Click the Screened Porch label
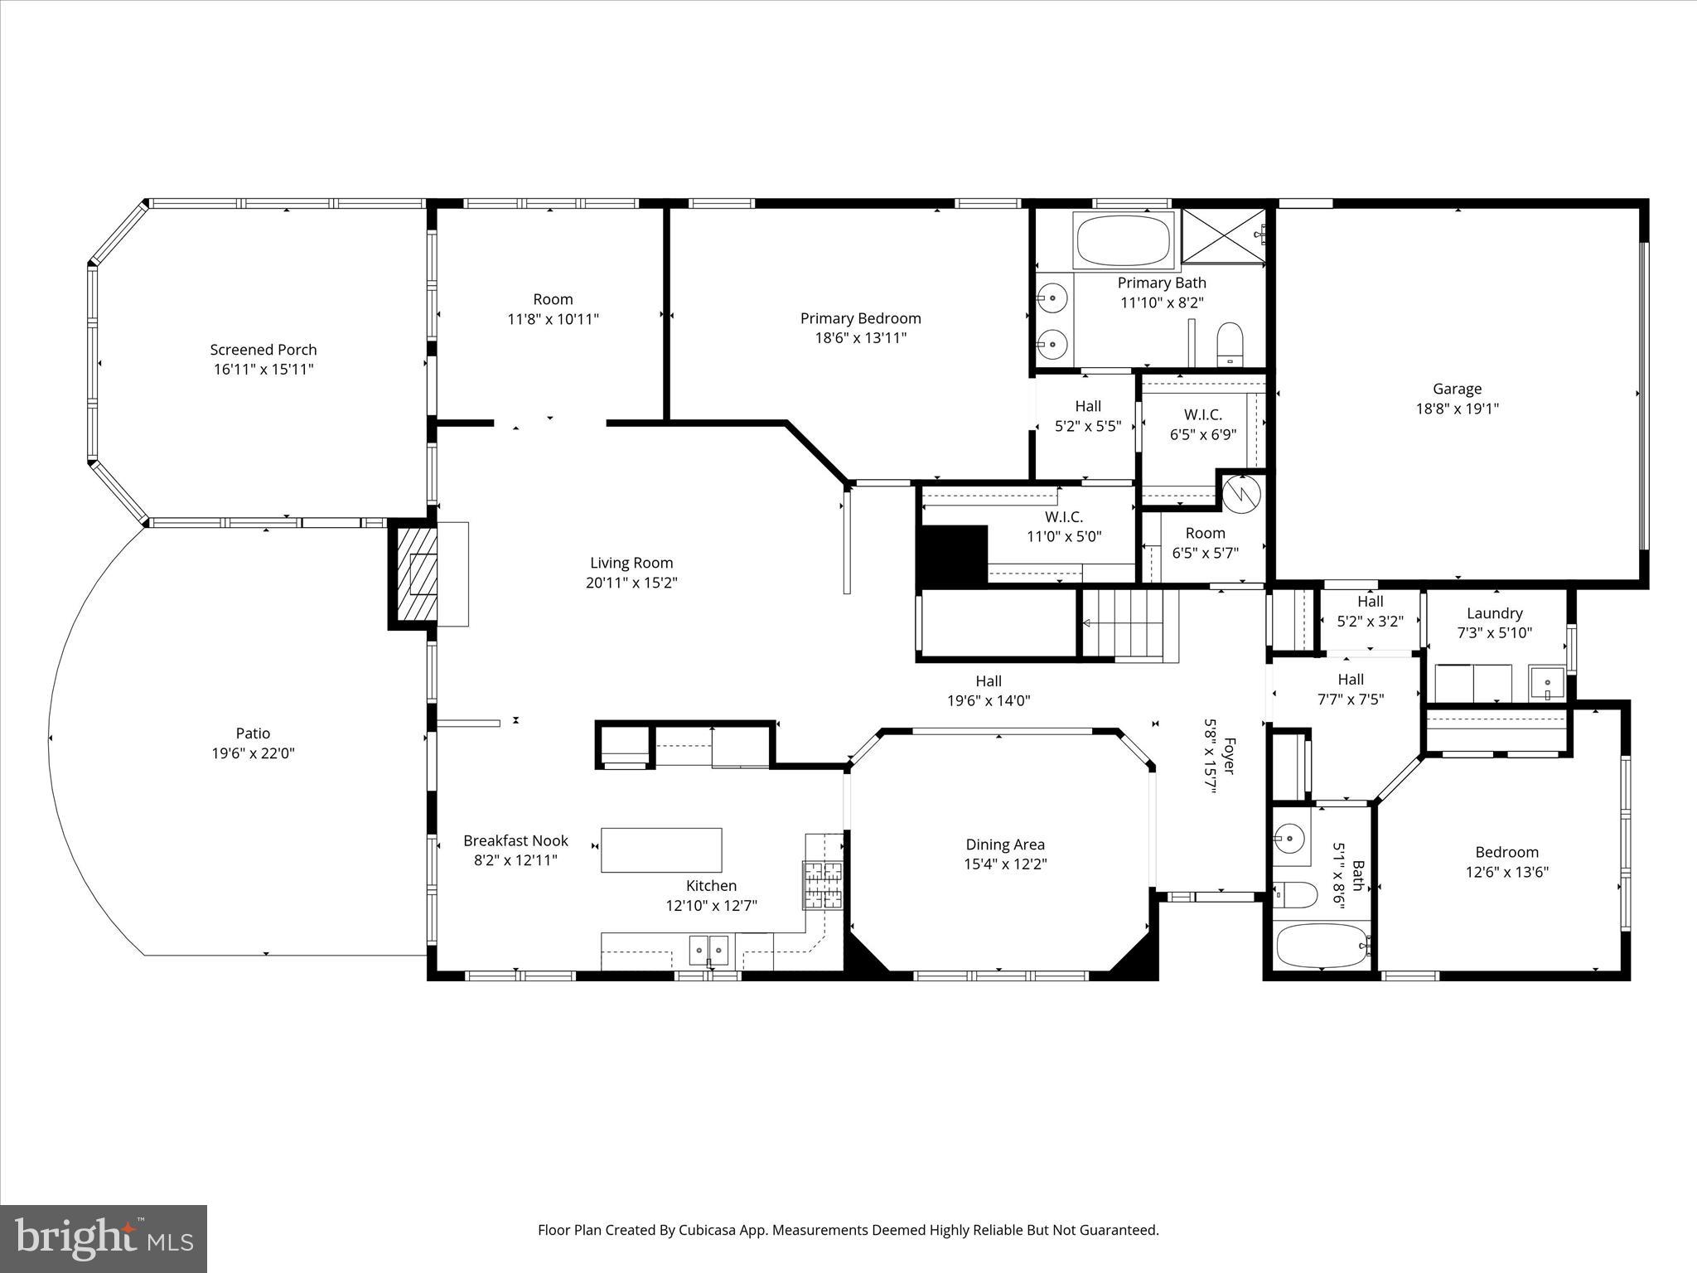pyautogui.click(x=263, y=350)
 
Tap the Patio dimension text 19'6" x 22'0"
pyautogui.click(x=253, y=753)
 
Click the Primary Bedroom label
pyautogui.click(x=860, y=318)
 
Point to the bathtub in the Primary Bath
pyautogui.click(x=1123, y=240)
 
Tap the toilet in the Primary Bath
pyautogui.click(x=1230, y=344)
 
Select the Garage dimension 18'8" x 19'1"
pyautogui.click(x=1457, y=409)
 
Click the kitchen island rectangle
pyautogui.click(x=660, y=849)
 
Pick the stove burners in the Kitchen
pyautogui.click(x=822, y=885)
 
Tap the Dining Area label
pyautogui.click(x=1004, y=845)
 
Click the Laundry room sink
pyautogui.click(x=1546, y=684)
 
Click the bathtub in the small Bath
pyautogui.click(x=1322, y=946)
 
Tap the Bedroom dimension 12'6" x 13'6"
pyautogui.click(x=1506, y=872)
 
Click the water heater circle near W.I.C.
pyautogui.click(x=1241, y=493)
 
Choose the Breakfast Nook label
pyautogui.click(x=515, y=840)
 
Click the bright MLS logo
pyautogui.click(x=104, y=1238)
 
